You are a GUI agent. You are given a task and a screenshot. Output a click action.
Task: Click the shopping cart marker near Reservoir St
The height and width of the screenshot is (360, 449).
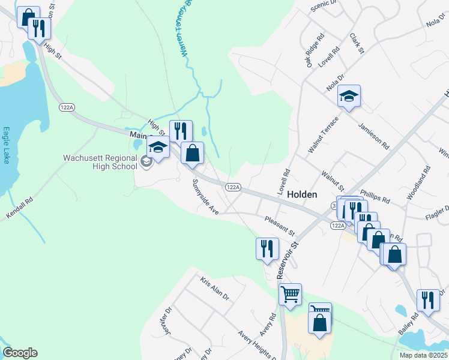pyautogui.click(x=290, y=295)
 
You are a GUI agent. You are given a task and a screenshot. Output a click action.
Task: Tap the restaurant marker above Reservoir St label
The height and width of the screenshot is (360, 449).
pyautogui.click(x=267, y=248)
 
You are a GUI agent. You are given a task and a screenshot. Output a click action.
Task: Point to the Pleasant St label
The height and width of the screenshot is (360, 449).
pyautogui.click(x=280, y=226)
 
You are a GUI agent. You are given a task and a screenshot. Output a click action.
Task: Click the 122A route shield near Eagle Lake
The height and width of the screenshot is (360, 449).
pyautogui.click(x=67, y=107)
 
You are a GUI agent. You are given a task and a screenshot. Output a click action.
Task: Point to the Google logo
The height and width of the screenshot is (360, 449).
pyautogui.click(x=20, y=353)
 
